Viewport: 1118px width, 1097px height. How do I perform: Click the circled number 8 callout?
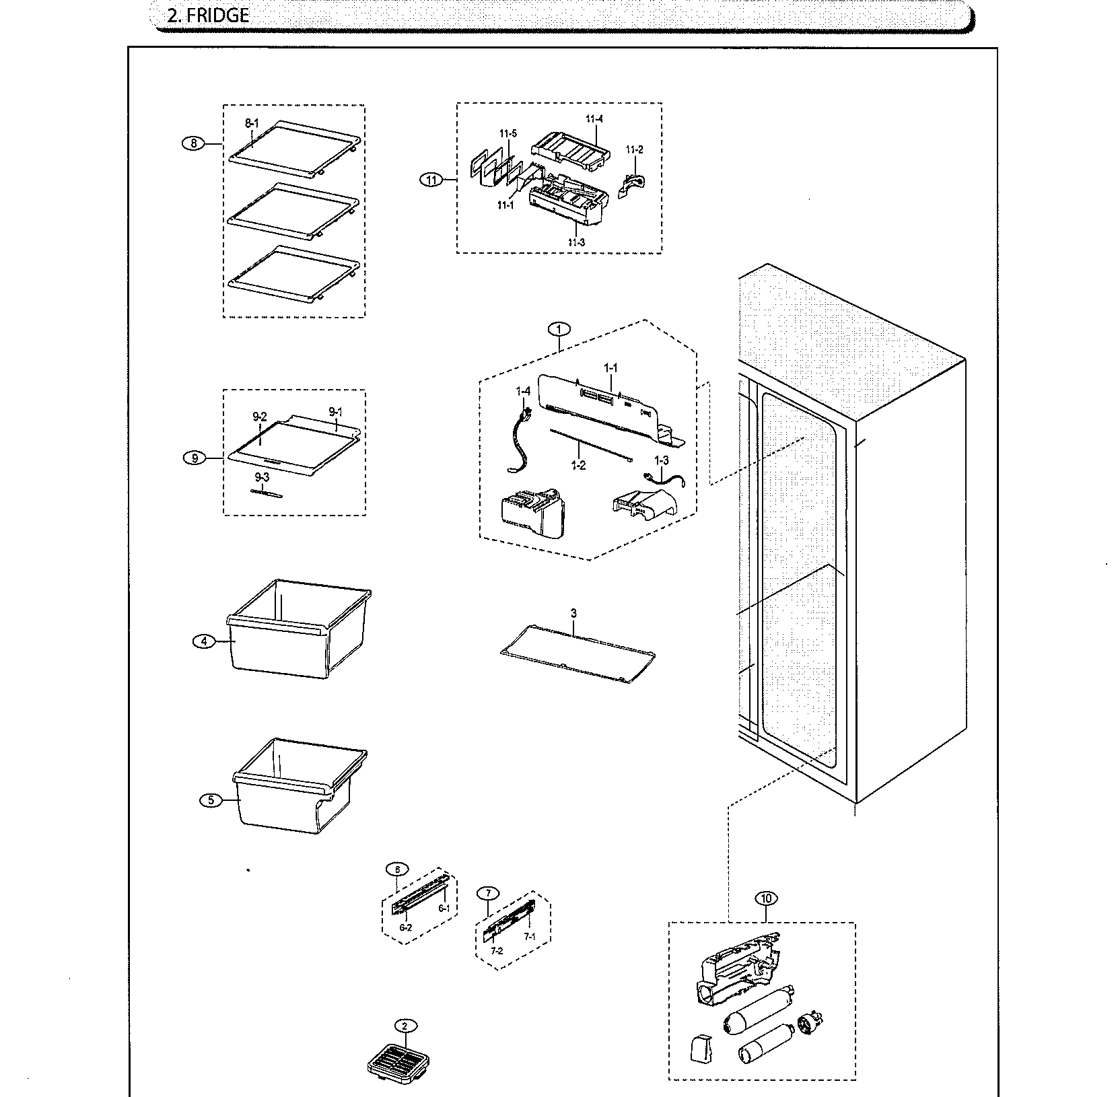[193, 143]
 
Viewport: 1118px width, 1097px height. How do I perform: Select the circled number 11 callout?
[431, 180]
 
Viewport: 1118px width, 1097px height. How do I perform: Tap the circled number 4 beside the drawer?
[204, 641]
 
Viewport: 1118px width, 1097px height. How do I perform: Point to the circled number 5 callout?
[211, 800]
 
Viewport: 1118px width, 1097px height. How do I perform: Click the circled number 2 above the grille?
[405, 1026]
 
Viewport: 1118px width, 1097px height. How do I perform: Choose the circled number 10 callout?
[766, 898]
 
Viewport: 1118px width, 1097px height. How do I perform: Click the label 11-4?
[594, 119]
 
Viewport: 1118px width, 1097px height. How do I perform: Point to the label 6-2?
[405, 927]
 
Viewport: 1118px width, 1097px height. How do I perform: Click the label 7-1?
[530, 937]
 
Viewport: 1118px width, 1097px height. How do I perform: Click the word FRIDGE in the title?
[217, 16]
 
